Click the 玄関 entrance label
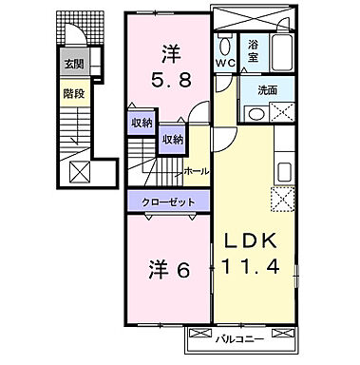(x=73, y=65)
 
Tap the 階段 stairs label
(x=73, y=94)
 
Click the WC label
(x=224, y=63)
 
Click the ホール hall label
(x=196, y=171)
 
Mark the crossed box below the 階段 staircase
(x=79, y=173)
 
